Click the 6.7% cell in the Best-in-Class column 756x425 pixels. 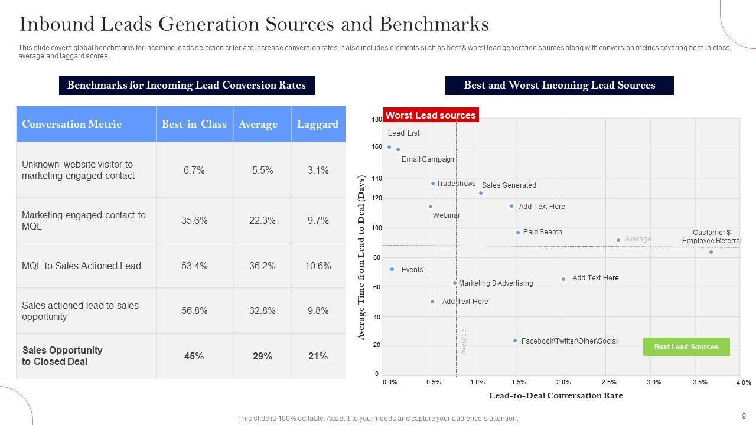tap(194, 170)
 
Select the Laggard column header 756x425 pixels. tap(318, 124)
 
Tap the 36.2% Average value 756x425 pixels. tap(262, 266)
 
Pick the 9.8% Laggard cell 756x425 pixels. tap(318, 310)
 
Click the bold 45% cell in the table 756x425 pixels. tap(194, 356)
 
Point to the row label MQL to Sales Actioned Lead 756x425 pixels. tap(82, 266)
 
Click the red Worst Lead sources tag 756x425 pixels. tap(431, 115)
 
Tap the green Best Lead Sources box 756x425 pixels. tap(686, 346)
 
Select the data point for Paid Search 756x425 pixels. tap(518, 233)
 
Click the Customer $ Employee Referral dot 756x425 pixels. tap(711, 252)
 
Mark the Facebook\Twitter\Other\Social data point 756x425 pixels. tap(515, 341)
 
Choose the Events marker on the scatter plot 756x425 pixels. tap(392, 269)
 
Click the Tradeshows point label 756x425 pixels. tap(456, 184)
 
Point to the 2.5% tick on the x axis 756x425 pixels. tap(609, 382)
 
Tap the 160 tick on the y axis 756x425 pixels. tap(377, 147)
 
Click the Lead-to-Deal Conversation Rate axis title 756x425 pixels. tap(556, 395)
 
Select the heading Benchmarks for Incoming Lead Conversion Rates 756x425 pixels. tap(187, 85)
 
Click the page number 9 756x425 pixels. tap(744, 416)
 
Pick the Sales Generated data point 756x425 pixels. tap(481, 193)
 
